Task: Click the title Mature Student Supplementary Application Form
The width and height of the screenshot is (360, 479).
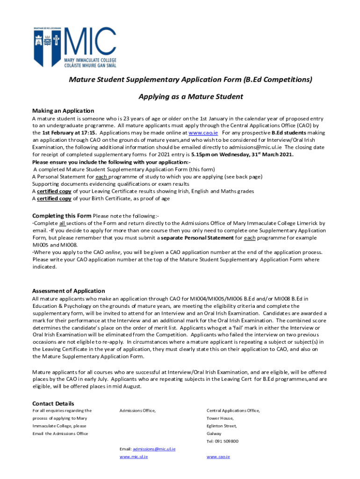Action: point(191,80)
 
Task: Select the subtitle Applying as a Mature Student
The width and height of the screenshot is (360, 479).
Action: point(191,97)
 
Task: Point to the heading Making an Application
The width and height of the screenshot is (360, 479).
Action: point(63,111)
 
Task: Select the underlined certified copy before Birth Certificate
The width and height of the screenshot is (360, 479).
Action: point(54,198)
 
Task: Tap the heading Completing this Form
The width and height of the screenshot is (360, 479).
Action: point(62,216)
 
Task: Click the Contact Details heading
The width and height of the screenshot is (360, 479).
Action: point(53,403)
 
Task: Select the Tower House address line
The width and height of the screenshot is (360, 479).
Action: point(220,418)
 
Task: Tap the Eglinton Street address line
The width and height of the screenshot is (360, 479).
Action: point(222,426)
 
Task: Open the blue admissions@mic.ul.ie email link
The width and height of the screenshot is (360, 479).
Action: point(154,449)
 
